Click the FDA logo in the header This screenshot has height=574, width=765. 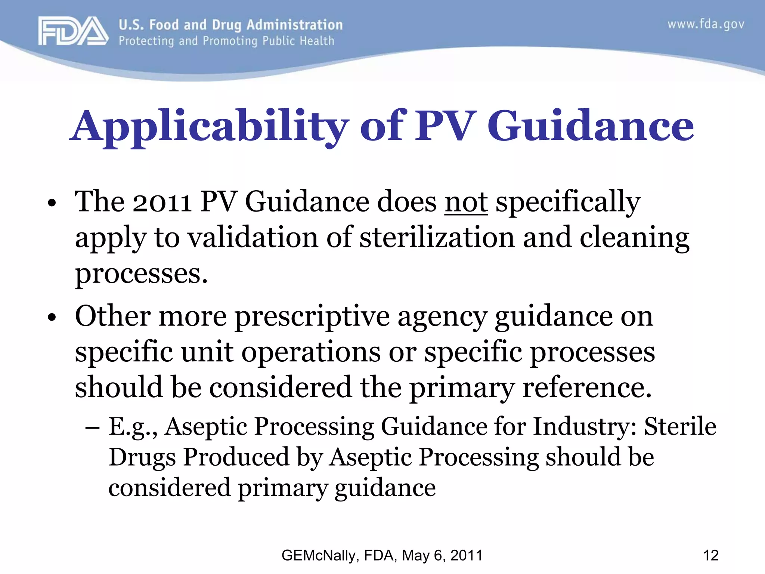pyautogui.click(x=73, y=31)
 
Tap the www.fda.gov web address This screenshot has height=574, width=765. pyautogui.click(x=706, y=25)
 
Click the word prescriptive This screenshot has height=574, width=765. pyautogui.click(x=312, y=317)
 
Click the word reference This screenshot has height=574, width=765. pyautogui.click(x=586, y=387)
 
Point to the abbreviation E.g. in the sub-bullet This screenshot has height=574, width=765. pyautogui.click(x=133, y=427)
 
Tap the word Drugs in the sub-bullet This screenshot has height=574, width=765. pyautogui.click(x=142, y=457)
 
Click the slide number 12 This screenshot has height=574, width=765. pyautogui.click(x=710, y=555)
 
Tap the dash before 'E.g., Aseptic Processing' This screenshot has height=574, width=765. pyautogui.click(x=92, y=427)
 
